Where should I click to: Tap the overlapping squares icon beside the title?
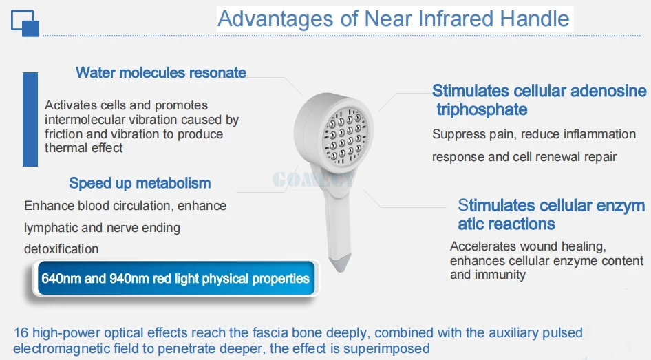click(25, 23)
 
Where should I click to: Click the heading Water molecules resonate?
click(160, 73)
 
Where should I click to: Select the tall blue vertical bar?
click(30, 120)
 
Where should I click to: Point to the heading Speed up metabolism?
click(140, 183)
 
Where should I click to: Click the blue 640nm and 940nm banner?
click(175, 278)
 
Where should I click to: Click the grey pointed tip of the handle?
click(340, 264)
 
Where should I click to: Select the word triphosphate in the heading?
click(482, 109)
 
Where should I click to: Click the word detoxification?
click(61, 249)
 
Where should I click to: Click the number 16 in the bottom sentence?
click(21, 333)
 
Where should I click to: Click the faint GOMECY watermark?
click(314, 180)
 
